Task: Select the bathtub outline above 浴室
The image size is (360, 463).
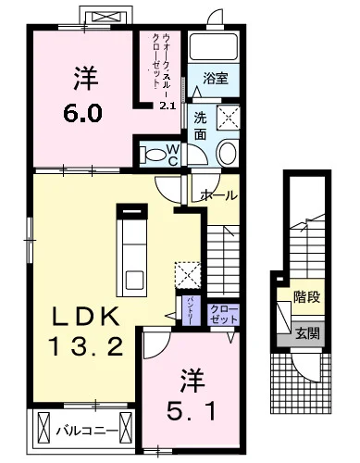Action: (x=216, y=52)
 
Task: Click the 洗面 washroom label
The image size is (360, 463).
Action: (x=201, y=126)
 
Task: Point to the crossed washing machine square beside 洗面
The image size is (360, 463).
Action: (x=228, y=118)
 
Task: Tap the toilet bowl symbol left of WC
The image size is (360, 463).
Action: (x=148, y=153)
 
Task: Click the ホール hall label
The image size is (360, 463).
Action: (x=219, y=195)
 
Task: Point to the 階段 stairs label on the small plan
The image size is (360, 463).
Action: (x=306, y=299)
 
